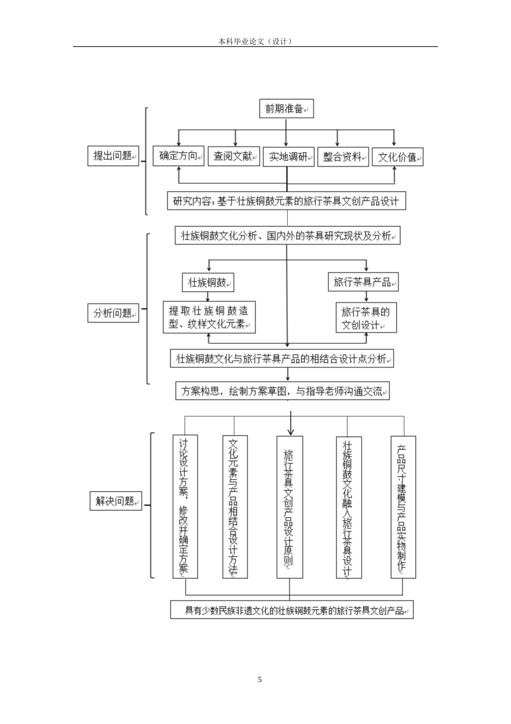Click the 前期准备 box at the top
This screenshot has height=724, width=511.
[x=286, y=109]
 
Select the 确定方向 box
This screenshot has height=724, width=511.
[x=179, y=156]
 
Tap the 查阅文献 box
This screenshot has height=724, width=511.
[x=233, y=156]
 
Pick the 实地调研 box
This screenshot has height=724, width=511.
[x=288, y=157]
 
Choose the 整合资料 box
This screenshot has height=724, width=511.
[x=343, y=157]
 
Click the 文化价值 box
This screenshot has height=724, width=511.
[x=398, y=157]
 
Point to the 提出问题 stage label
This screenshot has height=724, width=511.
[x=113, y=156]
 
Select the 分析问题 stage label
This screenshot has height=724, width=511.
[x=113, y=313]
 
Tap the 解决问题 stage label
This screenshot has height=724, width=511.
[x=115, y=501]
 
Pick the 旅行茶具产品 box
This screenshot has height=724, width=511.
[x=363, y=282]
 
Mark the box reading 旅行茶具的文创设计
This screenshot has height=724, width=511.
[x=366, y=318]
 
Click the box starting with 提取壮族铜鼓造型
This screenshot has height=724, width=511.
[x=209, y=317]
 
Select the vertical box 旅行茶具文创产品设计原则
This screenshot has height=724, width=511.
[x=289, y=507]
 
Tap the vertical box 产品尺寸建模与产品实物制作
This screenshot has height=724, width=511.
[x=403, y=507]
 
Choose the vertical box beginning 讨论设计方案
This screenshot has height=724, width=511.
[x=184, y=507]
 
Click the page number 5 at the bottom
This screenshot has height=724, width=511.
[x=260, y=679]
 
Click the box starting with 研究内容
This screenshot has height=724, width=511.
[x=286, y=201]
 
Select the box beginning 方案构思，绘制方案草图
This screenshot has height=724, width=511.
[x=282, y=391]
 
